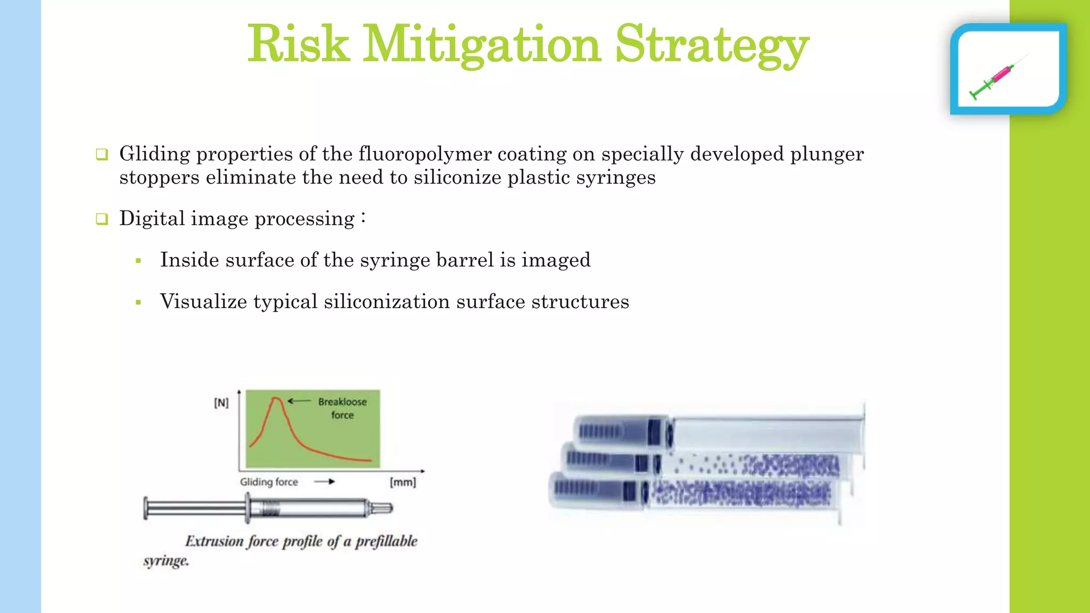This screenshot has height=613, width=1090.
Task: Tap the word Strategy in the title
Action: pos(712,45)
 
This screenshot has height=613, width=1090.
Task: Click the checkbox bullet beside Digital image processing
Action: pos(102,219)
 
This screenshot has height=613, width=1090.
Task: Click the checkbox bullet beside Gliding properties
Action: pos(102,154)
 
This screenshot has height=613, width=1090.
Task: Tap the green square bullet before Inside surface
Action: pos(138,261)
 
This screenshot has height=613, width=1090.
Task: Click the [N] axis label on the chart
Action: pos(221,403)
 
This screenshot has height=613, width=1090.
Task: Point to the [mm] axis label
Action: pos(402,482)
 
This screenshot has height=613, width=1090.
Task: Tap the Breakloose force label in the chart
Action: pos(342,408)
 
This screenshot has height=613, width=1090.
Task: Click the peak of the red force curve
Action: pos(276,398)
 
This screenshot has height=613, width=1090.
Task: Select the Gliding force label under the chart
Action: pos(268,482)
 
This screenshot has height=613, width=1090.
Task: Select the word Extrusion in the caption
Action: pos(214,541)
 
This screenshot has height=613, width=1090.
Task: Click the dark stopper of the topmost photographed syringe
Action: pos(654,430)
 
